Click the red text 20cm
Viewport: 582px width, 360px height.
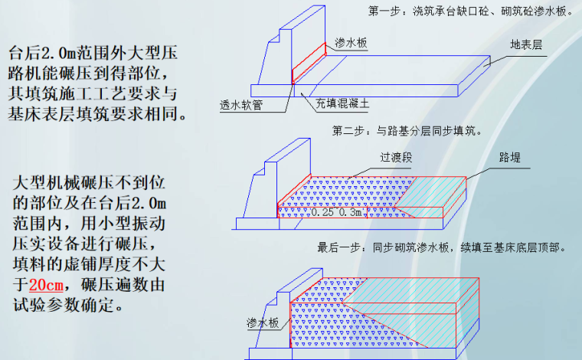click(x=46, y=286)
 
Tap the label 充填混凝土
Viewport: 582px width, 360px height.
click(x=342, y=102)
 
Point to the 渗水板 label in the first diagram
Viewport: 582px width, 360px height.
click(x=351, y=44)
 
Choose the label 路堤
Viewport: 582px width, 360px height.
click(x=510, y=158)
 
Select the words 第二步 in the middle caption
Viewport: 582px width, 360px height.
click(x=351, y=131)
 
